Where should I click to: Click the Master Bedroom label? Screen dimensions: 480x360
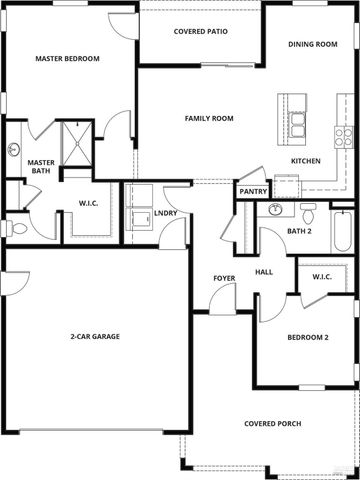tap(67, 59)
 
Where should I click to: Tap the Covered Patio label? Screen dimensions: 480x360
tap(200, 32)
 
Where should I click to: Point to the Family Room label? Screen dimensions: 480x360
tap(209, 118)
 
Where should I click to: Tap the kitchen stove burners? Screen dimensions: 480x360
tap(343, 133)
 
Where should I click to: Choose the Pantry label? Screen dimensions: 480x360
tap(252, 191)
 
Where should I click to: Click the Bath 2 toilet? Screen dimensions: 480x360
tap(308, 214)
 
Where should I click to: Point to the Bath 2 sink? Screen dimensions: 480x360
tap(274, 210)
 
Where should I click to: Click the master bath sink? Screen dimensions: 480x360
tap(14, 152)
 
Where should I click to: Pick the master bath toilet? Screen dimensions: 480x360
tap(17, 228)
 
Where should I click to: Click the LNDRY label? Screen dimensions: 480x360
tap(165, 213)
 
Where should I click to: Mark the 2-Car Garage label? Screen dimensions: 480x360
tap(95, 336)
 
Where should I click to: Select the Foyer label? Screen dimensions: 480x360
tap(224, 277)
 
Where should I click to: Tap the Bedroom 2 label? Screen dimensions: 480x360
tap(308, 337)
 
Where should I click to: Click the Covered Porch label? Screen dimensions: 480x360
tap(272, 424)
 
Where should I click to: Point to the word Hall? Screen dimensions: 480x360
tap(264, 271)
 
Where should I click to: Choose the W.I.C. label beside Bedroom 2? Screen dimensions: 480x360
tap(322, 276)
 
